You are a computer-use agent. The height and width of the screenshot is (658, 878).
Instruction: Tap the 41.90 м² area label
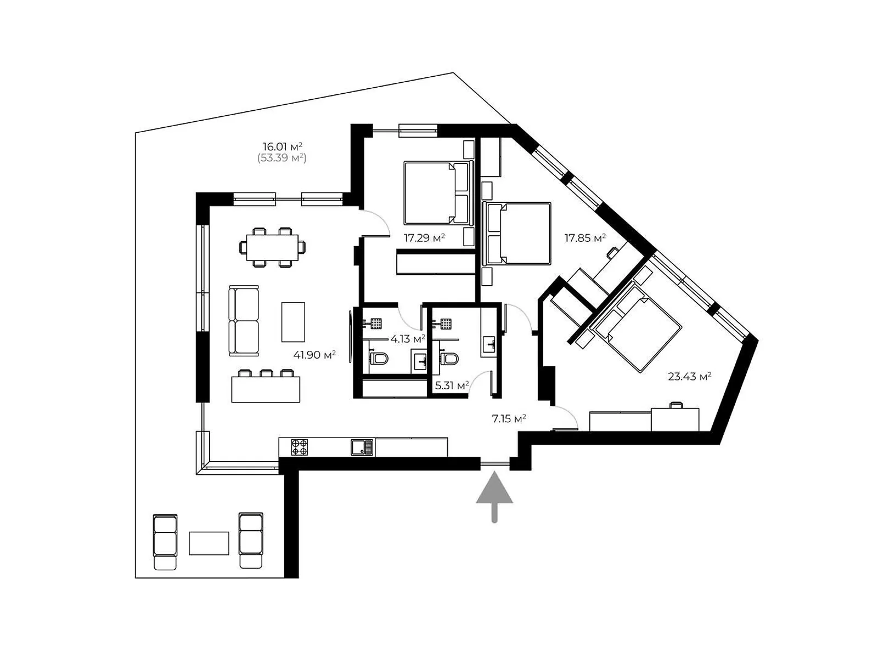314,355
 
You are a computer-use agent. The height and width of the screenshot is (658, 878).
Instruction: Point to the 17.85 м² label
585,238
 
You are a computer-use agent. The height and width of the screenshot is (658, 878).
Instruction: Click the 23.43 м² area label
689,376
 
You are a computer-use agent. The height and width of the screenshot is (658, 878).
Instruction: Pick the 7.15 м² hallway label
509,419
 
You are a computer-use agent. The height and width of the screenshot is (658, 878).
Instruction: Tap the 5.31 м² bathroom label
452,385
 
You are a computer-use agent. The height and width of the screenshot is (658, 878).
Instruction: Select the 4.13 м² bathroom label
408,339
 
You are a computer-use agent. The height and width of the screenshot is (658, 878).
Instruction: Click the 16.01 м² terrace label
283,146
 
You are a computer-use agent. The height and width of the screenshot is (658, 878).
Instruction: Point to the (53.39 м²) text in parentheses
282,158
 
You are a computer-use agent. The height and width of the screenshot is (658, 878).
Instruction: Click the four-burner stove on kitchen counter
299,447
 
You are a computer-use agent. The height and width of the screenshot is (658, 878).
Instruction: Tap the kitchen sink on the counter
362,447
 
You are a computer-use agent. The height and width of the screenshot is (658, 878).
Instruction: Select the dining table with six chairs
272,247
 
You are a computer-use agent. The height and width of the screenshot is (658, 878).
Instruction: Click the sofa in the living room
244,321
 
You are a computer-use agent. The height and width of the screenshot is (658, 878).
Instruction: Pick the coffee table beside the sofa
293,322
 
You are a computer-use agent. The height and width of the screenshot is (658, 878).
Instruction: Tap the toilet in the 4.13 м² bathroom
379,359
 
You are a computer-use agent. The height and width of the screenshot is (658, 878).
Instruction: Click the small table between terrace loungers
209,543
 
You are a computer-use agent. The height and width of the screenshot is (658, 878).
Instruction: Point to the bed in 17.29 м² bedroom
436,192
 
